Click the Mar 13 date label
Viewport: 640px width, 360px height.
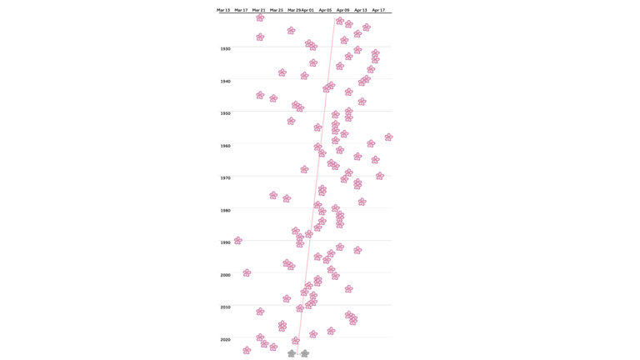coord(223,10)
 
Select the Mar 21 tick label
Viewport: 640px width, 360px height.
coord(259,10)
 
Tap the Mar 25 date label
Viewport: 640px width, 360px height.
coord(277,10)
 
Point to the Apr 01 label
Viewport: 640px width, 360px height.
coord(307,10)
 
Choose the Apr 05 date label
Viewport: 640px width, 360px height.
coord(325,10)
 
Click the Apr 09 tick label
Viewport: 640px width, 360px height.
coord(342,10)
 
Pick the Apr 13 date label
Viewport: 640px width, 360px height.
coord(360,10)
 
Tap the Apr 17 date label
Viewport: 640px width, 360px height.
coord(378,10)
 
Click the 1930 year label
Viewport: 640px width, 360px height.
coord(226,49)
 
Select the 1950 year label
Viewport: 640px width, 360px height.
coord(226,113)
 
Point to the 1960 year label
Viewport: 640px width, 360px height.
coord(226,146)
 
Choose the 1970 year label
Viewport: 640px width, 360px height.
coord(226,178)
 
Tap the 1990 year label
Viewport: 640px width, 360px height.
coord(226,242)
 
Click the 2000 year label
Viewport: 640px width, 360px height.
coord(226,275)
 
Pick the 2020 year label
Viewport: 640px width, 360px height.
coord(226,340)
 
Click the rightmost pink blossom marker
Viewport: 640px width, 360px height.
coord(388,137)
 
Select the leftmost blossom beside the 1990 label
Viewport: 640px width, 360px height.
coord(238,241)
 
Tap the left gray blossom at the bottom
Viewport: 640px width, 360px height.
coord(292,353)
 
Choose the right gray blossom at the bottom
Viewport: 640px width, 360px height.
coord(305,353)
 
